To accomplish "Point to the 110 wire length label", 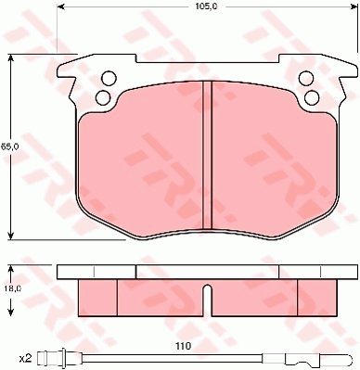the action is (x=184, y=346).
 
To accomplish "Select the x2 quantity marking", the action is (x=25, y=359).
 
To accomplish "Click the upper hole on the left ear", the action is (x=109, y=78).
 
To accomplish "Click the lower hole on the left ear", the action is (x=103, y=97).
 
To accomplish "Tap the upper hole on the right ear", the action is (x=306, y=78).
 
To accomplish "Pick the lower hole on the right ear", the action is (x=312, y=97).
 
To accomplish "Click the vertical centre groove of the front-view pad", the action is (x=207, y=155).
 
